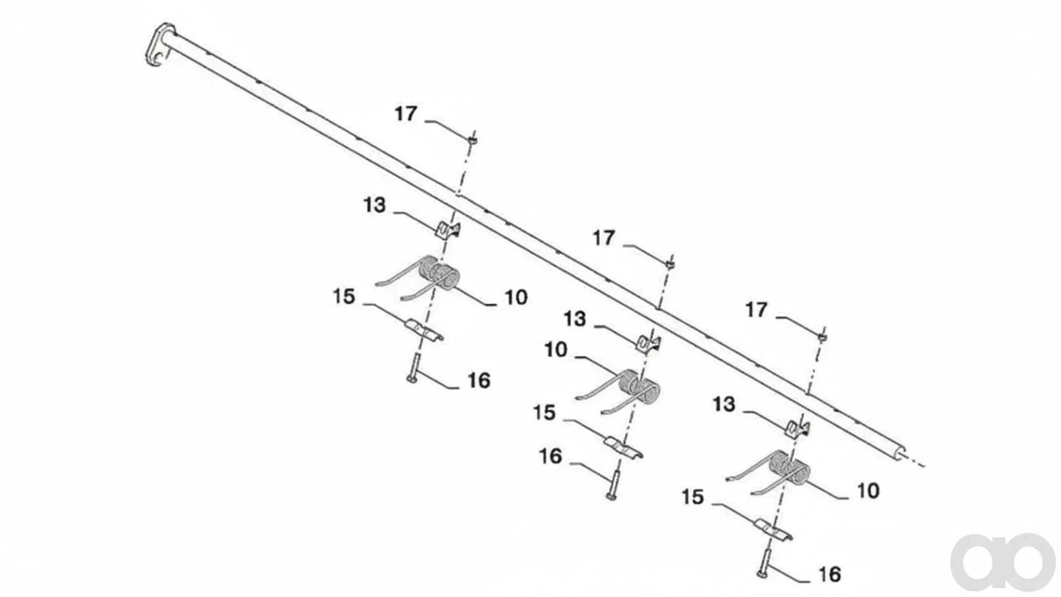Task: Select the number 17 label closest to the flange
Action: pyautogui.click(x=406, y=114)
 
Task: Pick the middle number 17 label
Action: pyautogui.click(x=604, y=238)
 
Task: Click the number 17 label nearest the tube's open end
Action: pyautogui.click(x=756, y=310)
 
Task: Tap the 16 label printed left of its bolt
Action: pyautogui.click(x=550, y=456)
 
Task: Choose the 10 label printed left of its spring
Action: pyautogui.click(x=556, y=350)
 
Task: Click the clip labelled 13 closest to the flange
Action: pyautogui.click(x=448, y=229)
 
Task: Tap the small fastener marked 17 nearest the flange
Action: pyautogui.click(x=472, y=140)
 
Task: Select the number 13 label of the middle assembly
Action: pyautogui.click(x=575, y=319)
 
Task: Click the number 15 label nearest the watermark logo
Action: pyautogui.click(x=693, y=497)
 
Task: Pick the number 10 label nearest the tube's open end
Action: pyautogui.click(x=868, y=491)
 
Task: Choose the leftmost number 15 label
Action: pyautogui.click(x=344, y=297)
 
